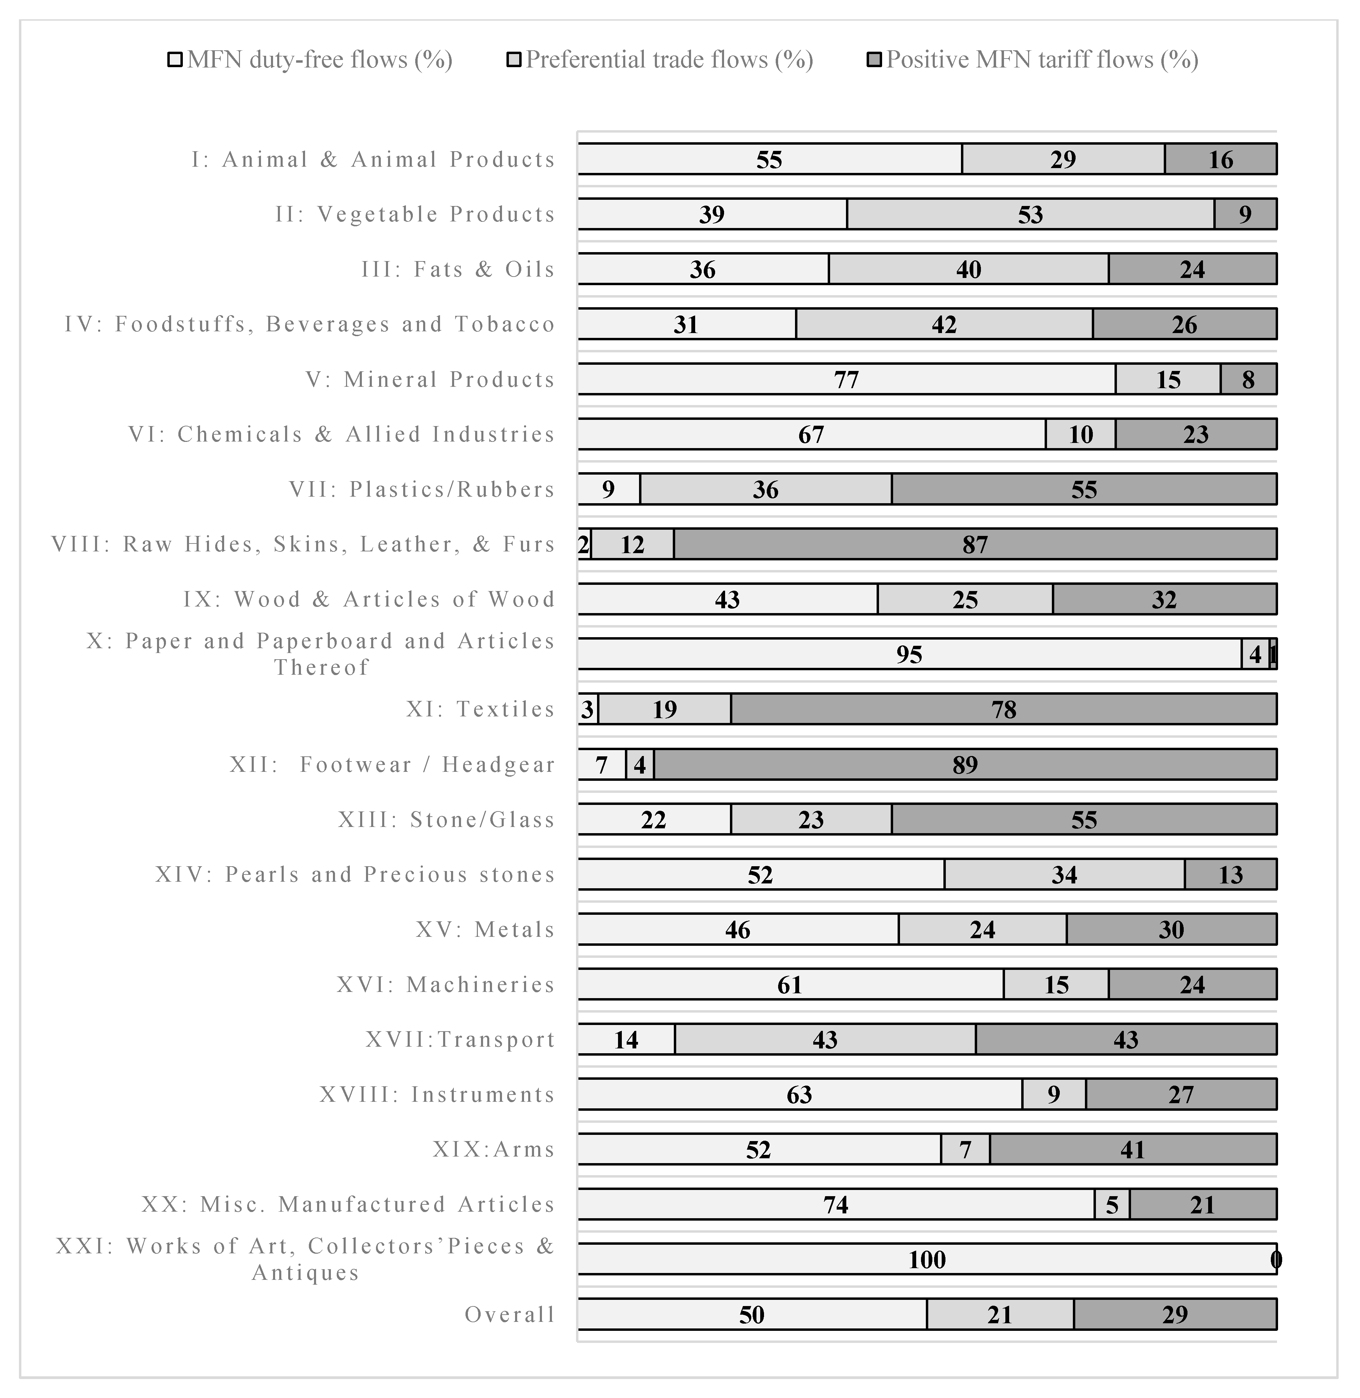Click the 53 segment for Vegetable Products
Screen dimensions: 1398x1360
coord(1030,214)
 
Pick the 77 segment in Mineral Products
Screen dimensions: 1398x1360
coord(846,379)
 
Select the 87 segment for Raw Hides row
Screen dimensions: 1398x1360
coord(975,544)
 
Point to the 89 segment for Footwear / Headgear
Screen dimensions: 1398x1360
coord(965,764)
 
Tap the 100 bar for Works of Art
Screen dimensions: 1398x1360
coord(927,1260)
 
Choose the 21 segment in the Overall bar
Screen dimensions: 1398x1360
coord(1000,1314)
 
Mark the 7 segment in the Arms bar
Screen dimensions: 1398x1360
coord(965,1149)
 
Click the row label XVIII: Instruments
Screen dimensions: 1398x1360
coord(437,1095)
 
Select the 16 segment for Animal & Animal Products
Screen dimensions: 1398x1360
coord(1221,159)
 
